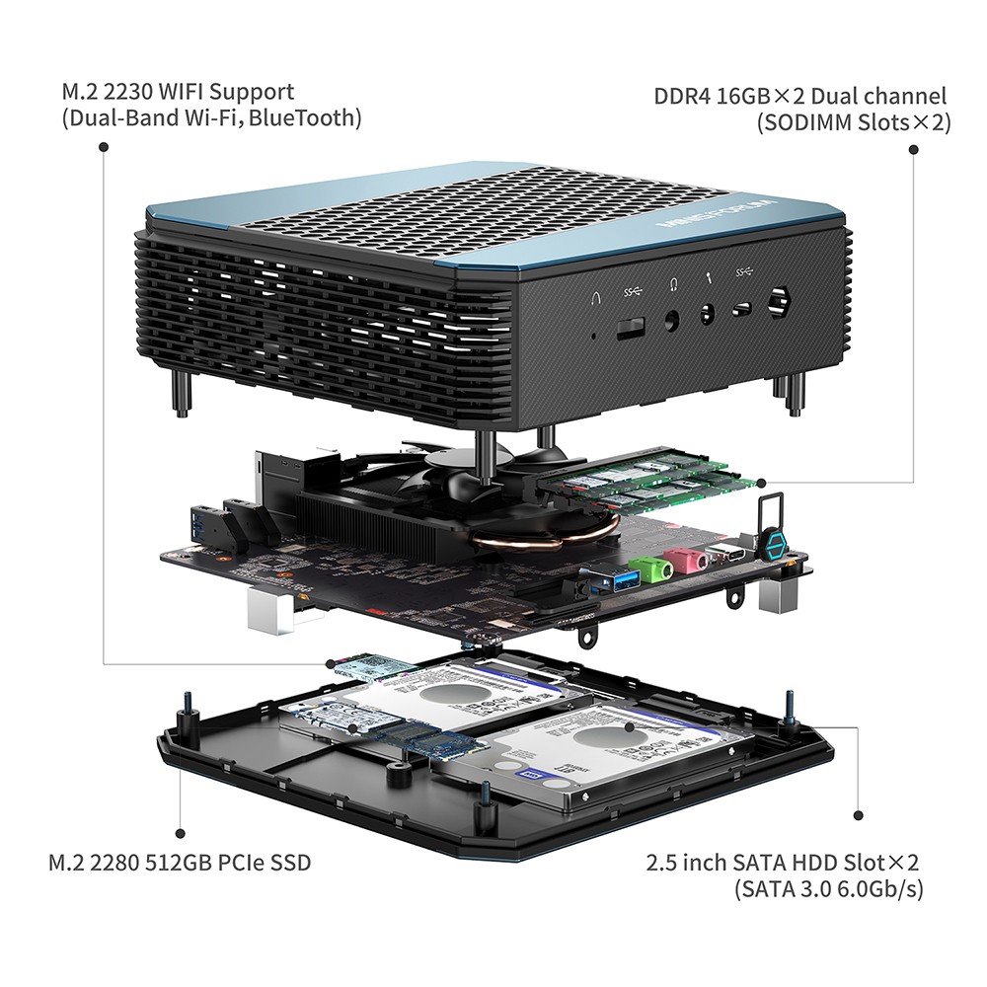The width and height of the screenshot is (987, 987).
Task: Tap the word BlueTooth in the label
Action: pyautogui.click(x=308, y=118)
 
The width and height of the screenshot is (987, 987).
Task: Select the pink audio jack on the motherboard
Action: pyautogui.click(x=689, y=560)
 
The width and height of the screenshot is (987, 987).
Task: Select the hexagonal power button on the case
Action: pyautogui.click(x=779, y=301)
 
